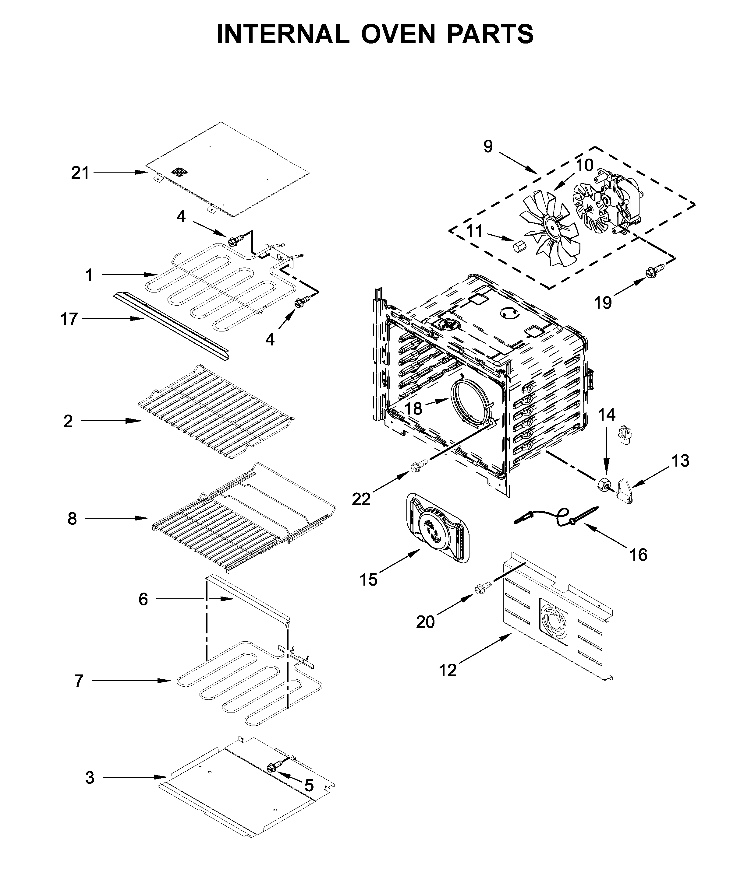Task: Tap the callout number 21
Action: tap(80, 173)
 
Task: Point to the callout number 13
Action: tap(680, 461)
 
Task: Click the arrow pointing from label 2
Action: tap(112, 421)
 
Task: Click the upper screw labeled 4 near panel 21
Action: tap(235, 241)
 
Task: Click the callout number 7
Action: tap(79, 681)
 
